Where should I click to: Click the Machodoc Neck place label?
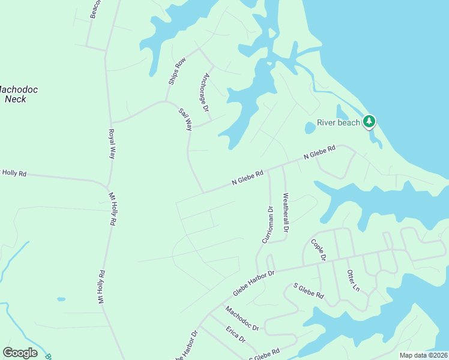[x=18, y=94]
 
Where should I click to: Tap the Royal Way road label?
[x=112, y=144]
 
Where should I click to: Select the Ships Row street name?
[x=177, y=71]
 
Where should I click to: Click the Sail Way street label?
[x=185, y=119]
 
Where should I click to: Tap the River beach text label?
[x=339, y=122]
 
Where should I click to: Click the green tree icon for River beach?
[x=369, y=122]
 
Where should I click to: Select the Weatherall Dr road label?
[x=286, y=212]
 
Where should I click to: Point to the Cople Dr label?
[x=318, y=250]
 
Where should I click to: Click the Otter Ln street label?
[x=353, y=281]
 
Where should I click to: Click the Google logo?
[x=20, y=352]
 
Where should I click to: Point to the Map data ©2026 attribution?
[x=423, y=355]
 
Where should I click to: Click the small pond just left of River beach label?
[x=310, y=128]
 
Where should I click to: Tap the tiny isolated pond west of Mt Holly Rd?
[x=61, y=299]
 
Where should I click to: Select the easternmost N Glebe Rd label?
[x=319, y=152]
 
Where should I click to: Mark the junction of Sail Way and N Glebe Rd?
[x=203, y=193]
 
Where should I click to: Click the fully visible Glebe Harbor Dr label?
[x=253, y=282]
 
